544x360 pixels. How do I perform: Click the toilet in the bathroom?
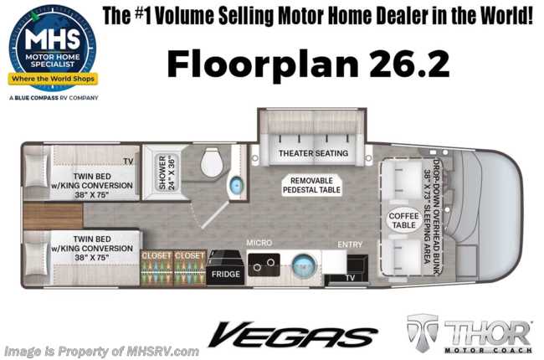(211, 162)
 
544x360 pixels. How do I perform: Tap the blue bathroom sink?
(236, 186)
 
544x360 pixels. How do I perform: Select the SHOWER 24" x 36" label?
(167, 172)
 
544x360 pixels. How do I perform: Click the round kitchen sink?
(305, 265)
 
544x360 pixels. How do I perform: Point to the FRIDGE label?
(225, 275)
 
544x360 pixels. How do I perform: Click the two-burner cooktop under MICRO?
(264, 265)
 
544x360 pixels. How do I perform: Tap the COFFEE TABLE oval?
(404, 220)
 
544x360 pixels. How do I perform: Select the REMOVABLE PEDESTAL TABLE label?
(311, 185)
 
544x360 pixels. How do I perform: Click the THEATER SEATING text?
(313, 153)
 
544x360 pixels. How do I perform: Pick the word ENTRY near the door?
(350, 244)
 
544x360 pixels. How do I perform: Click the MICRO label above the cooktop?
(259, 243)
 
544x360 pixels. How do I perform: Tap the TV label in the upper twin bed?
(128, 162)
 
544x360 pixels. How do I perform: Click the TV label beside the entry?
(350, 278)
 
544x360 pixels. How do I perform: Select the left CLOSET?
(157, 268)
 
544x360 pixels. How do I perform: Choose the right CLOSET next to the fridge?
(190, 268)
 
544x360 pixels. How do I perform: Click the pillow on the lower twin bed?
(37, 259)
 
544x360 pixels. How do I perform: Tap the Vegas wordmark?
(292, 334)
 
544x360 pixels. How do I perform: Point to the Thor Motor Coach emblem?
(469, 333)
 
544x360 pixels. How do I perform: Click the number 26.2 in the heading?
(409, 64)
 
